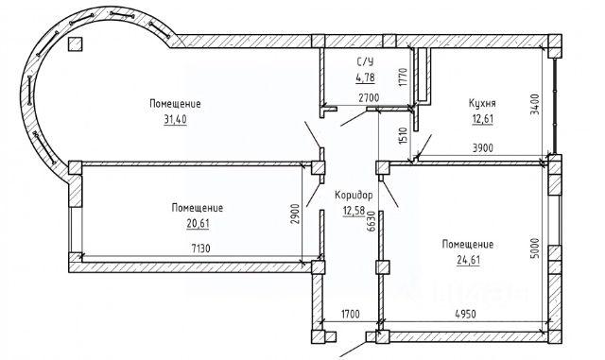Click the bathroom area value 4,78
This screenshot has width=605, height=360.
coord(365,77)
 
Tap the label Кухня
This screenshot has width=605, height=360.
coord(482,103)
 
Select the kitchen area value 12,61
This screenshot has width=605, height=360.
coord(483,119)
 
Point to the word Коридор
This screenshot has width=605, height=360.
coord(354,196)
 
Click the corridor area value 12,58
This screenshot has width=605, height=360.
coord(354,211)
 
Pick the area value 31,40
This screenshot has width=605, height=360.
coord(175,120)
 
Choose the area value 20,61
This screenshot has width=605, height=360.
coord(198,223)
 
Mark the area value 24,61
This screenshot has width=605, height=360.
coord(468,260)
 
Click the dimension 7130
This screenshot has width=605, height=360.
coord(201,249)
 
